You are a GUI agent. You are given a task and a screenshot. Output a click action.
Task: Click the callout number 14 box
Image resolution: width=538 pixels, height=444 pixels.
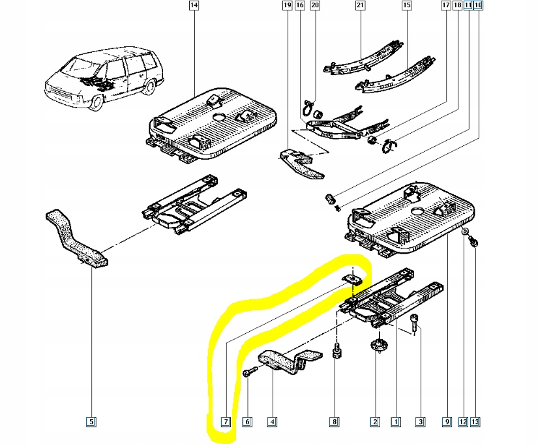click(193, 6)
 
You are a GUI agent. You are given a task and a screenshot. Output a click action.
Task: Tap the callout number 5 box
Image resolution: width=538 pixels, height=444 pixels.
click(91, 422)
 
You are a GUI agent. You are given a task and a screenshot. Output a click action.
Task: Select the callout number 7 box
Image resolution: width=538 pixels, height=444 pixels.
click(226, 422)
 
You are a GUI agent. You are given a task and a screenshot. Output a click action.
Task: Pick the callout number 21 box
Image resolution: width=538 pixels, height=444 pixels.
click(359, 6)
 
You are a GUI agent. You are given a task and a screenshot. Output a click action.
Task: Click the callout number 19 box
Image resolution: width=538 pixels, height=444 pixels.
click(287, 6)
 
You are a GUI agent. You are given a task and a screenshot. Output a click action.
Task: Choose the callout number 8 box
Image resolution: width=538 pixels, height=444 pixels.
click(335, 422)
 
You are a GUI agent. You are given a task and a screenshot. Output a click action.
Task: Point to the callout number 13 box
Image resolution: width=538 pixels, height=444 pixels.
click(475, 422)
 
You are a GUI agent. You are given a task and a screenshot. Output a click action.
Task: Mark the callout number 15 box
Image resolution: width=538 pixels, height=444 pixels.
click(407, 6)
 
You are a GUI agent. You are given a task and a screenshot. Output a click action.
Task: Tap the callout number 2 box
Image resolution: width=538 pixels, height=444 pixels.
click(375, 422)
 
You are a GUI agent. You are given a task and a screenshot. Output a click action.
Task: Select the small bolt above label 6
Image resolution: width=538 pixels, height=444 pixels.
click(248, 373)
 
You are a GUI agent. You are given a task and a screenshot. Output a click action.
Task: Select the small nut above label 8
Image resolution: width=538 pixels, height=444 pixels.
click(336, 351)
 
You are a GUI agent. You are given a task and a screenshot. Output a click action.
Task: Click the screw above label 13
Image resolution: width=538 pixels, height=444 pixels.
click(475, 243)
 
